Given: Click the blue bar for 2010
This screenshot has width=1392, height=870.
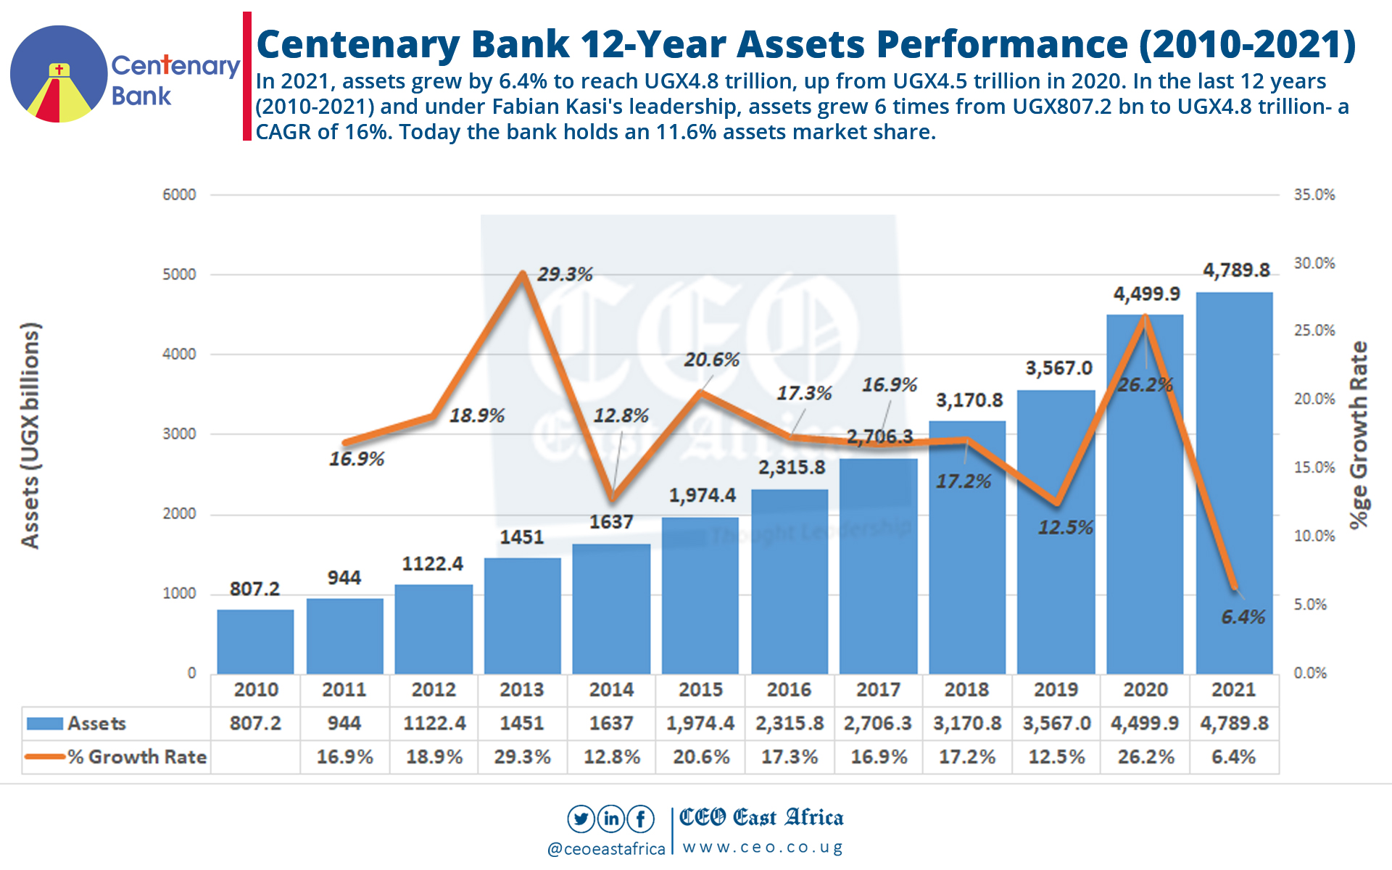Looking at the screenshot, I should (255, 642).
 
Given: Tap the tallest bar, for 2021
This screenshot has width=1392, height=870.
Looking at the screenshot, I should (1234, 482).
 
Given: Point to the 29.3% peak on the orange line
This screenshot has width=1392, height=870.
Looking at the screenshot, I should (523, 273).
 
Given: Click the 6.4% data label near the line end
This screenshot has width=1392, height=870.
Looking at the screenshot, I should (1243, 617).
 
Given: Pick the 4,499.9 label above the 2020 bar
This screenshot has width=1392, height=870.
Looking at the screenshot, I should (1146, 294).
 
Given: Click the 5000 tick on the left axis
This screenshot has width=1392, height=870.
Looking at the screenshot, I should (179, 275).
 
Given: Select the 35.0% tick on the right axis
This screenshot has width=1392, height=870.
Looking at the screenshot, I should (1314, 194).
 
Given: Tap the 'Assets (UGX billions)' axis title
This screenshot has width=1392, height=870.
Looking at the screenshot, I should (30, 435).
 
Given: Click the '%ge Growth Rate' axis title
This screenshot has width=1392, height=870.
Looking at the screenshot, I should (1359, 435).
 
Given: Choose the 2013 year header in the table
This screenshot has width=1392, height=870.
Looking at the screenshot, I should (522, 689).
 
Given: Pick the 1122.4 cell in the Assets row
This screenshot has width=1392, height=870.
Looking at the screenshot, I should (434, 723).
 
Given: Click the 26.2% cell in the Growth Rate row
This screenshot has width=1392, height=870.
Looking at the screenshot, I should (1145, 757).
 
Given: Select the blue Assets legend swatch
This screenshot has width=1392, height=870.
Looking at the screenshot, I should (44, 724).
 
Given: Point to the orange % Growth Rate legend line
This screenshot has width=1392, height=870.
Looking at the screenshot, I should (44, 757).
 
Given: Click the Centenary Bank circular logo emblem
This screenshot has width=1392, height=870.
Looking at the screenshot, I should (59, 74).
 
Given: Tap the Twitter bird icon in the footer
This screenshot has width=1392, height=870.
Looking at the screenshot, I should (581, 819).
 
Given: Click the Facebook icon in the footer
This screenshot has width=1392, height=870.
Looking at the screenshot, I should (641, 819).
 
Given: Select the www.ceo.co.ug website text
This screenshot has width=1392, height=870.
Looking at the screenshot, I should (763, 848).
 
